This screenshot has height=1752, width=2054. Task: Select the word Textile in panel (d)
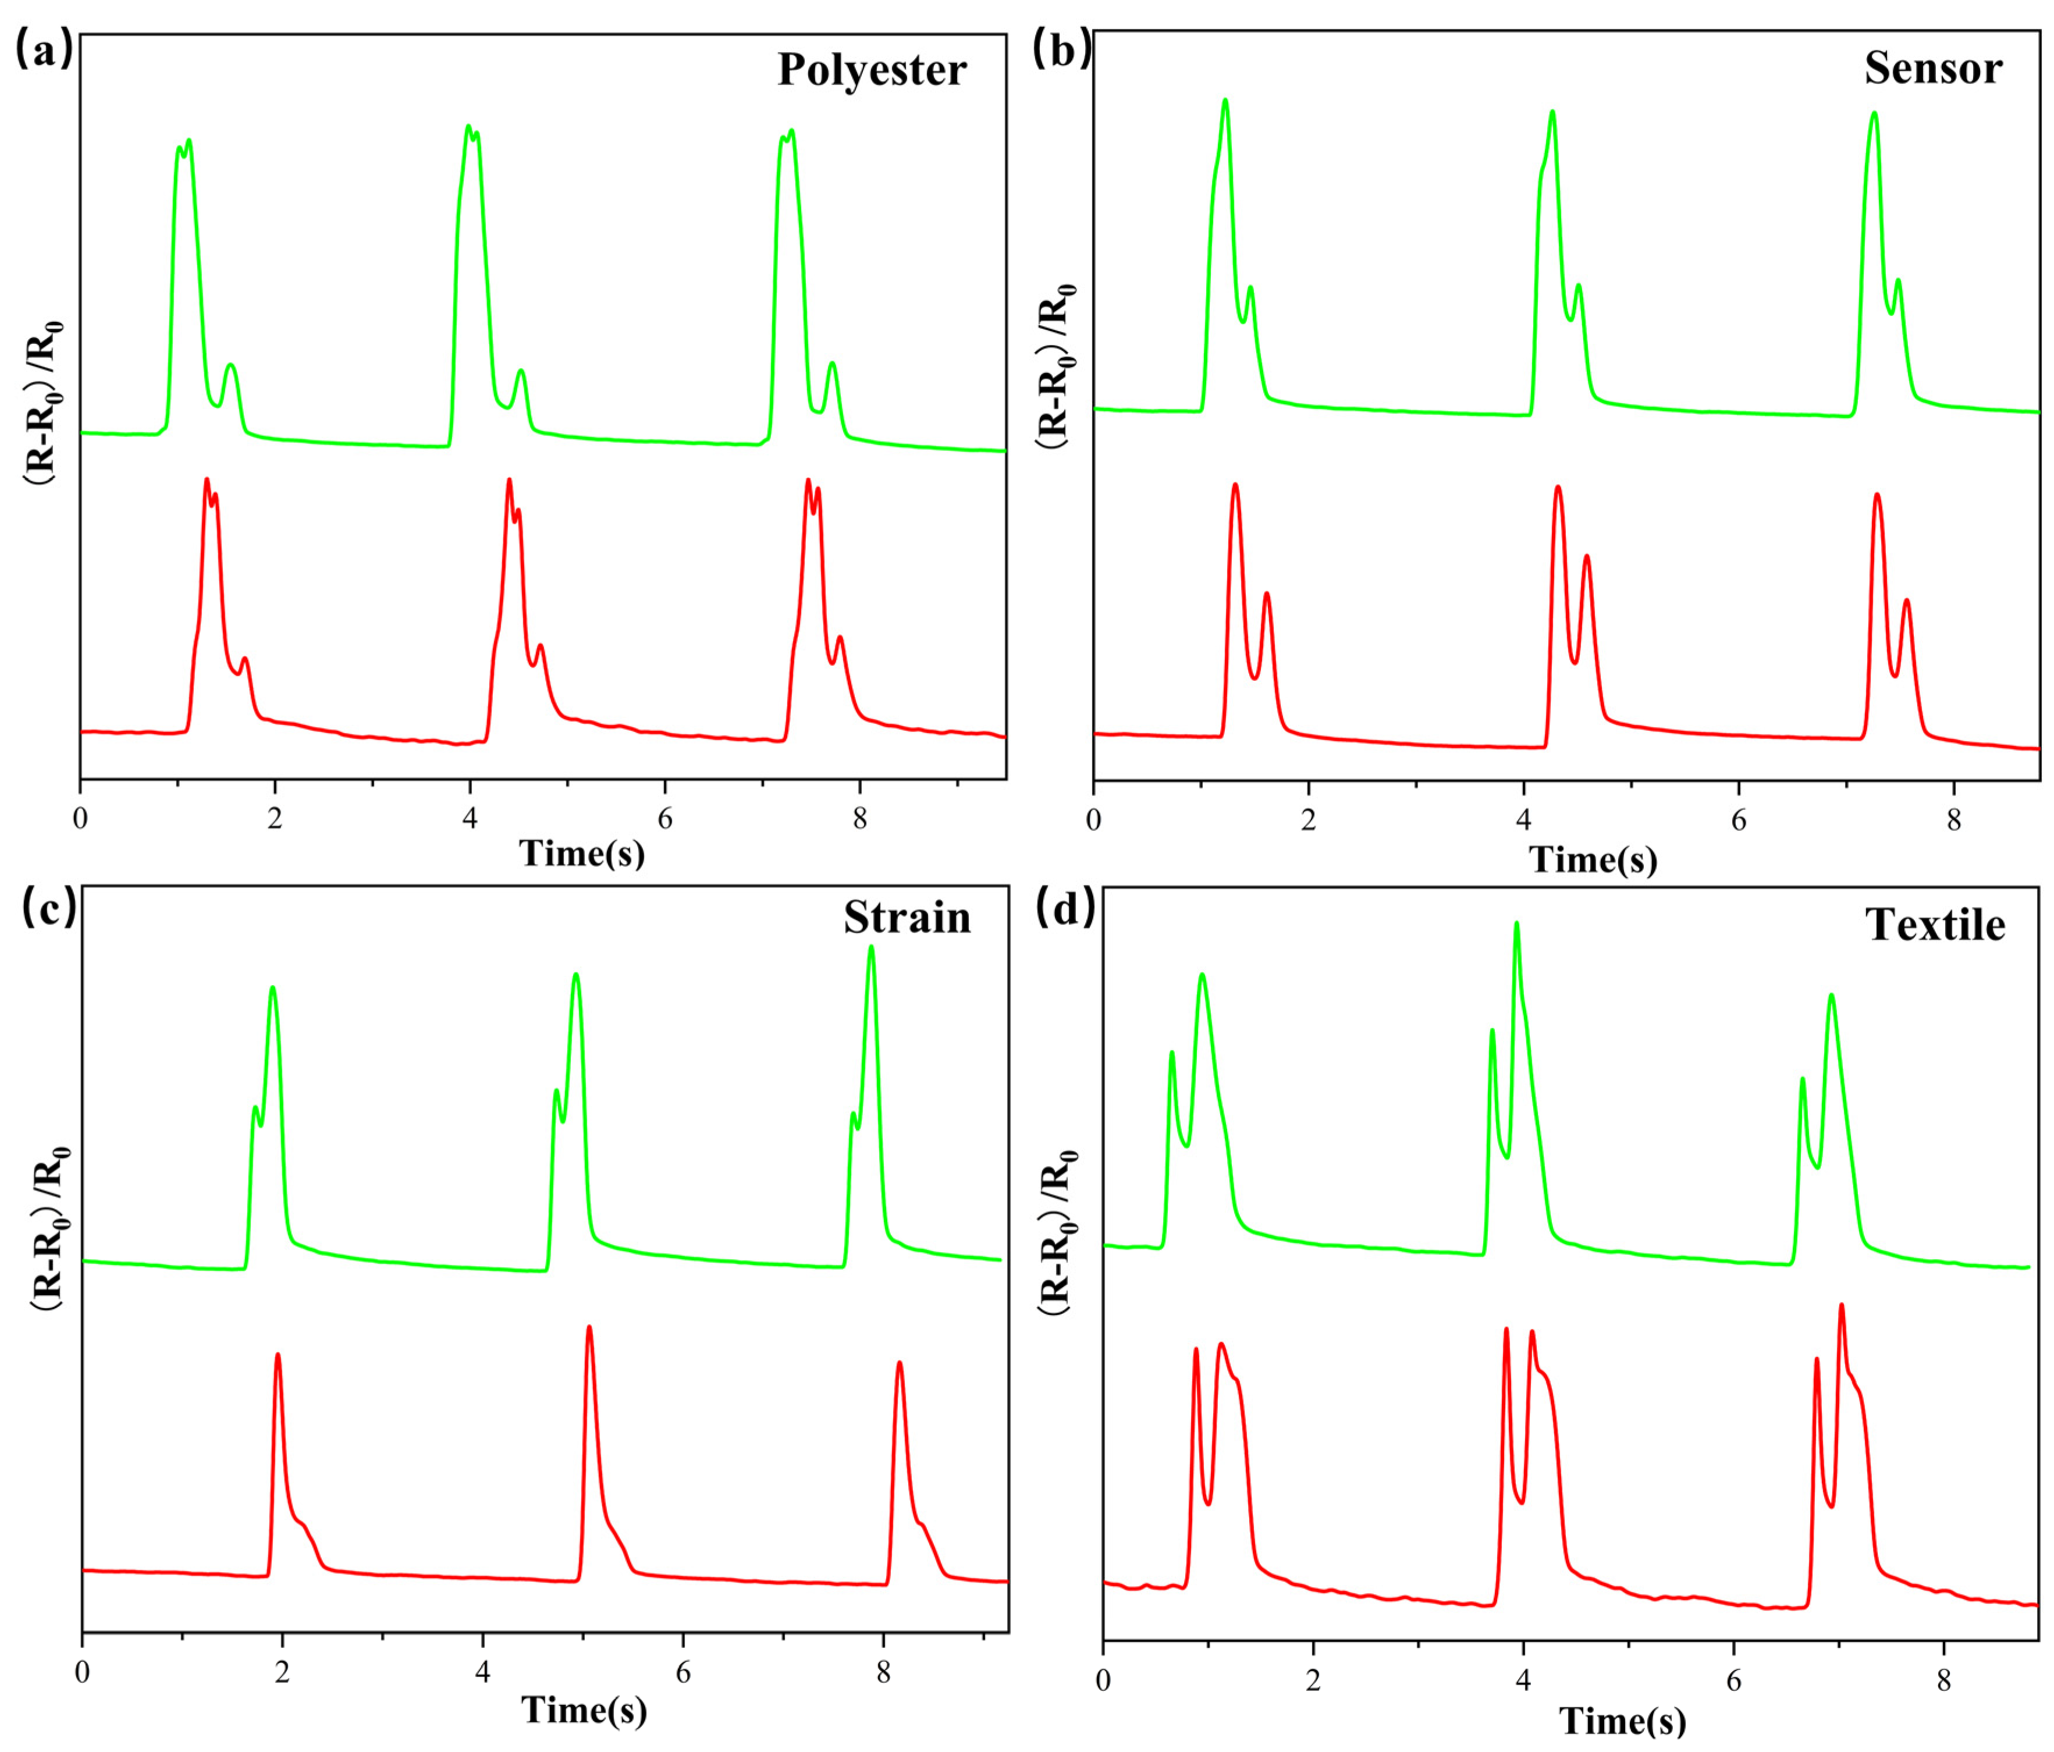pyautogui.click(x=1935, y=925)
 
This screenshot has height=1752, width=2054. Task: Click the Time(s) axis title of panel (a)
pyautogui.click(x=582, y=852)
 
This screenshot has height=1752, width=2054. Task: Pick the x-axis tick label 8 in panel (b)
pyautogui.click(x=1953, y=821)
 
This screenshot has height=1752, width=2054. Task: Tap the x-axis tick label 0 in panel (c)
pyautogui.click(x=82, y=1672)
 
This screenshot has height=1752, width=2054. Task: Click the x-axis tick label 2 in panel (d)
pyautogui.click(x=1313, y=1680)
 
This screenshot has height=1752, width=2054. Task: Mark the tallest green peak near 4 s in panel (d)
pyautogui.click(x=1516, y=924)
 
